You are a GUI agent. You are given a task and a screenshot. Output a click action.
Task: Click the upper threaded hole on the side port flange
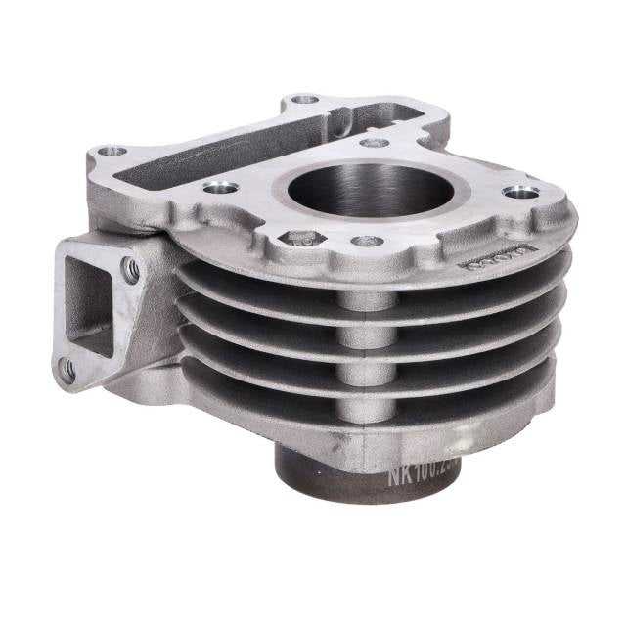(129, 266)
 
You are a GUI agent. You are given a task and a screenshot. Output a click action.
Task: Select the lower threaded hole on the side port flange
(67, 369)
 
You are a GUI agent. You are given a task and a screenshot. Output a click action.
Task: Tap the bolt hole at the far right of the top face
(520, 192)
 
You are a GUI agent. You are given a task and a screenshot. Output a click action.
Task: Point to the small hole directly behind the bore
(374, 143)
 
